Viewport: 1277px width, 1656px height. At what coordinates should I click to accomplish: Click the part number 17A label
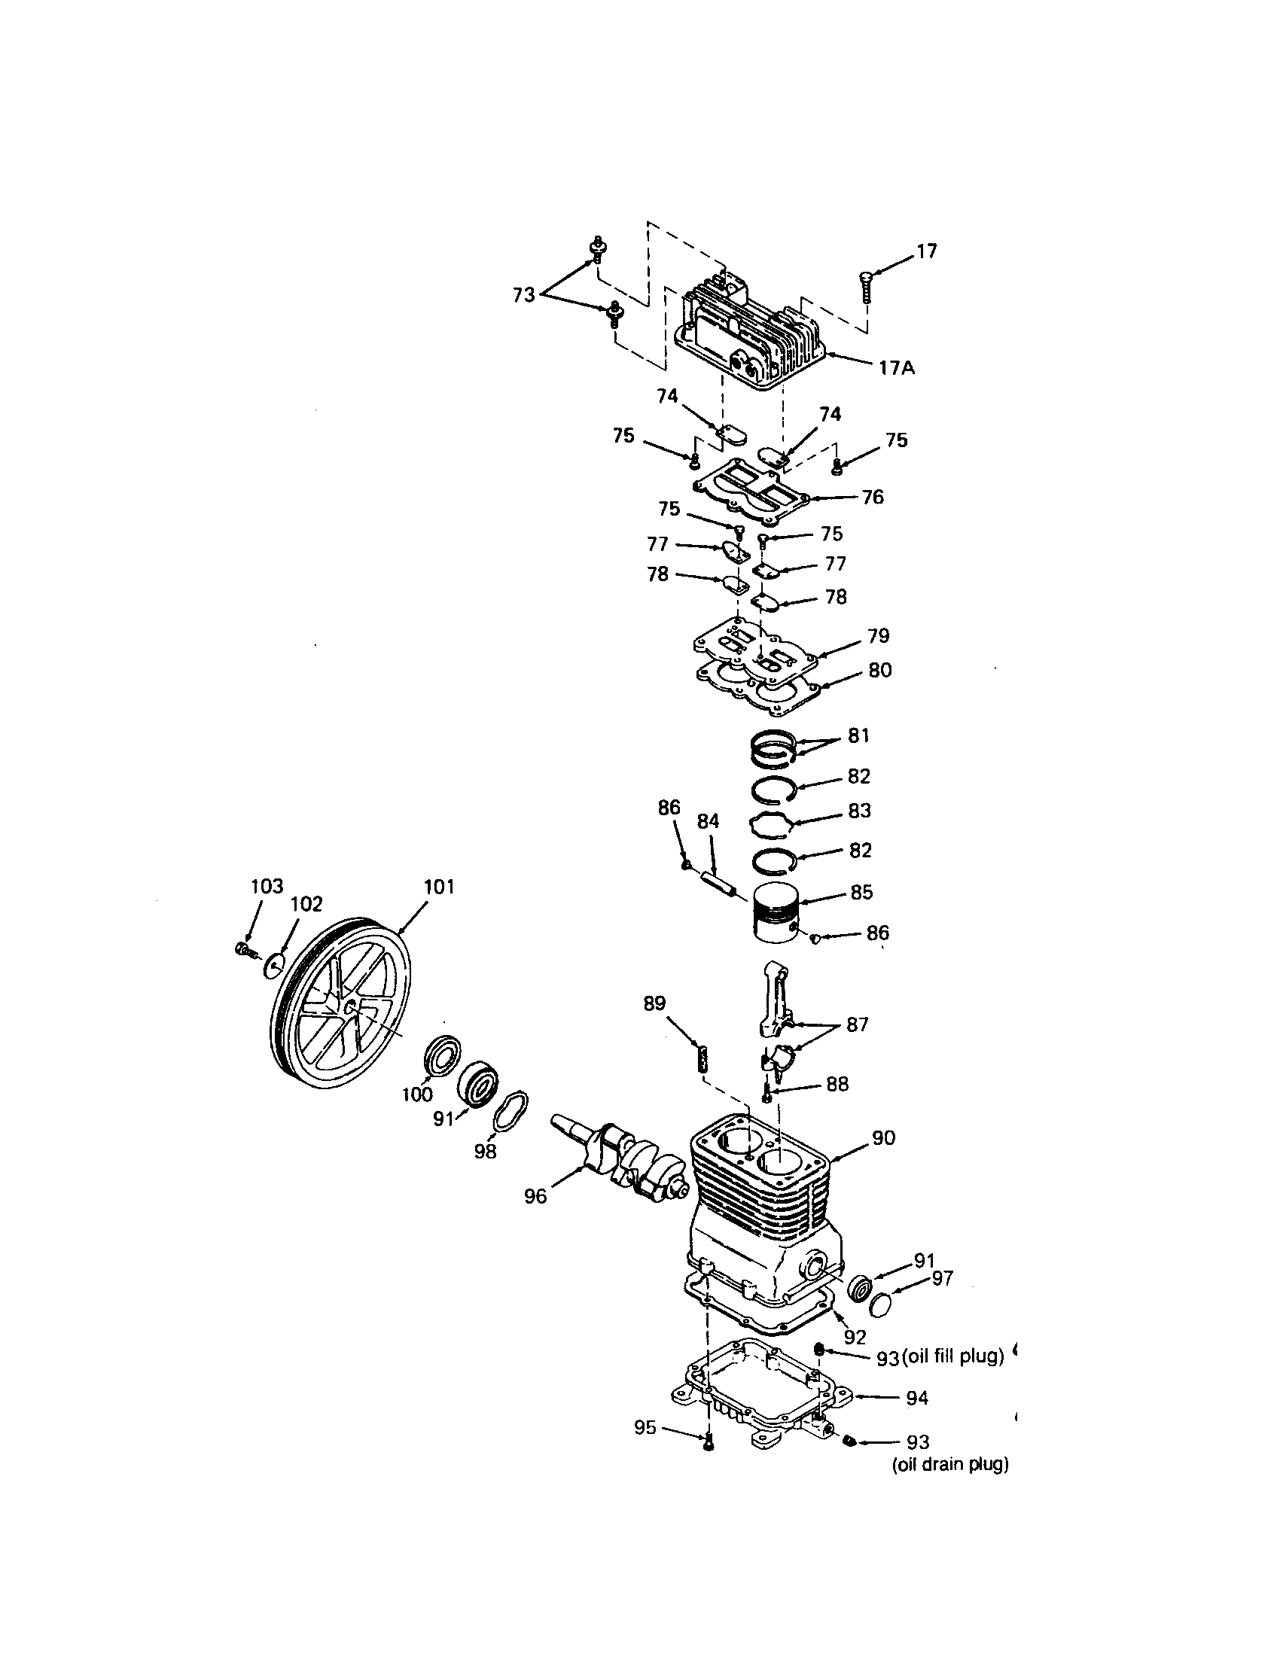click(x=897, y=369)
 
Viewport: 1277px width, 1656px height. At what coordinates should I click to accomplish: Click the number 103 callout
click(x=267, y=886)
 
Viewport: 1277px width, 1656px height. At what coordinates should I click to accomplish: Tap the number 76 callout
click(x=873, y=497)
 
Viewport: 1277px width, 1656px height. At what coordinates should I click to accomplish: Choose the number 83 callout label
click(x=859, y=811)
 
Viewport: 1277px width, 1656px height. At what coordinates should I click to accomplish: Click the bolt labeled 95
click(x=709, y=1443)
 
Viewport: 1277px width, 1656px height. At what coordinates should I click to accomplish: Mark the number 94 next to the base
click(x=917, y=1398)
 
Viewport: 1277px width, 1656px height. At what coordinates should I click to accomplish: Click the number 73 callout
click(x=524, y=295)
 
